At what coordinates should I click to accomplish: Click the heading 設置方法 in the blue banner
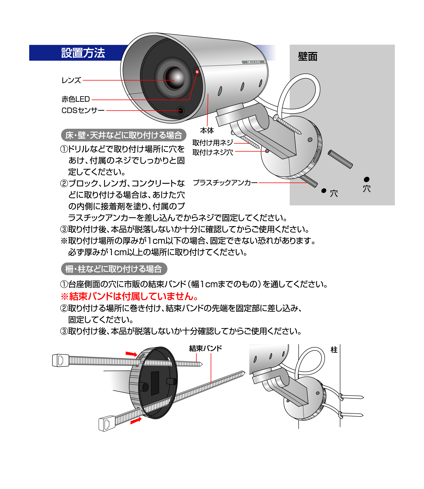[83, 53]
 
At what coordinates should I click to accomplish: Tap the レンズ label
[71, 80]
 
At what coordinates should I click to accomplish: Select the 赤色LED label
[76, 99]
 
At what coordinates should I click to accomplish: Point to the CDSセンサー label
[83, 110]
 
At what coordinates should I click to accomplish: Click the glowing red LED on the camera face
[197, 72]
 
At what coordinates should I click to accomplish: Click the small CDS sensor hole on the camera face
[181, 110]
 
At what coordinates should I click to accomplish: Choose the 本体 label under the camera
[207, 131]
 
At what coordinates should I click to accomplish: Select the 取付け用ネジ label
[213, 143]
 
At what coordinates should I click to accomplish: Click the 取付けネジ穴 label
[213, 152]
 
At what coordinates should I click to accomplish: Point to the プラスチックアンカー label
[225, 182]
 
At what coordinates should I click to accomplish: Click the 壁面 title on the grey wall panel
[308, 56]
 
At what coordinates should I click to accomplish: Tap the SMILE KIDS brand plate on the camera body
[253, 62]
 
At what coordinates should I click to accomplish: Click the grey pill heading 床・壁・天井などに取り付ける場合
[124, 135]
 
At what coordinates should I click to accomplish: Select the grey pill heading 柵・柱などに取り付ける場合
[114, 269]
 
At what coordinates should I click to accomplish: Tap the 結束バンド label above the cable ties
[206, 348]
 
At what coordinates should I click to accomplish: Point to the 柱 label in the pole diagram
[334, 350]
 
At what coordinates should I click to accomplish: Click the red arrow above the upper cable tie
[131, 354]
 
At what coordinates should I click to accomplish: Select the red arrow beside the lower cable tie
[136, 421]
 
